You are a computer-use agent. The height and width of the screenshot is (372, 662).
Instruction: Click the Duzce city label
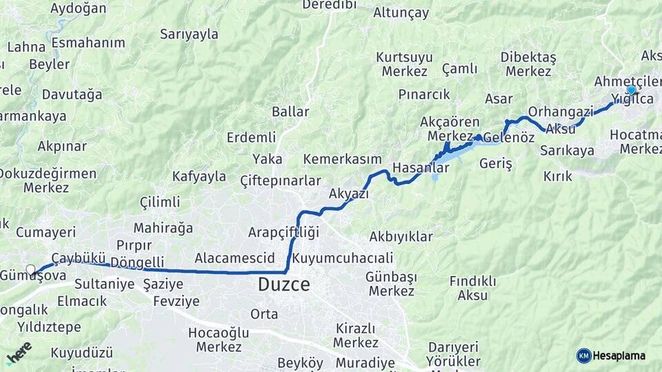click(x=283, y=284)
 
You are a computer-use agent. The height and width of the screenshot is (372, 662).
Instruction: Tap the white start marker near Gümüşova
click(x=30, y=269)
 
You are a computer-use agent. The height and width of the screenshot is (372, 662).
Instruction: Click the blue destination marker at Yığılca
click(x=631, y=90)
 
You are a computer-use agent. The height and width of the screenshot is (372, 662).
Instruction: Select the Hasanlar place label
click(x=421, y=168)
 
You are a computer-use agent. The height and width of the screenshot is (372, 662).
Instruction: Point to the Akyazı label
click(x=349, y=194)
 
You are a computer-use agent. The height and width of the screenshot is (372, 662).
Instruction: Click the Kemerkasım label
click(x=343, y=159)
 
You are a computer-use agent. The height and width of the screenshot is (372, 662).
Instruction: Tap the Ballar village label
click(x=290, y=112)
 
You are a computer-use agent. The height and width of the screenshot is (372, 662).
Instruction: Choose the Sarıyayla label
click(x=189, y=34)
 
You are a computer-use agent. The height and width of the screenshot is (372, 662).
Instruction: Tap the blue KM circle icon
click(x=583, y=355)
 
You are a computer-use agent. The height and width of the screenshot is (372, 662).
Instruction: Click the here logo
click(x=19, y=353)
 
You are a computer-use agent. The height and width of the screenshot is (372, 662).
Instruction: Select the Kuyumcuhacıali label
click(x=343, y=258)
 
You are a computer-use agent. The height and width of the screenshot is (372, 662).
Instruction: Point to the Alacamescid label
click(x=225, y=258)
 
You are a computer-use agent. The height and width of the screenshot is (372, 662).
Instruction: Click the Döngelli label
click(x=137, y=262)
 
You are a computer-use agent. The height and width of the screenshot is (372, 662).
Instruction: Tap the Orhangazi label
click(x=561, y=111)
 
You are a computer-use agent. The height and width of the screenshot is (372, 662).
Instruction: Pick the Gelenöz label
click(x=509, y=138)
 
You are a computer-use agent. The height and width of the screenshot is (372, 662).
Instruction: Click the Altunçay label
click(x=401, y=12)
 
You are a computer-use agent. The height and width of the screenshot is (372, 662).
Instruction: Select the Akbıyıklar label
click(x=401, y=237)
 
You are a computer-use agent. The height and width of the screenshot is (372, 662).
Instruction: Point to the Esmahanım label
click(x=88, y=43)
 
